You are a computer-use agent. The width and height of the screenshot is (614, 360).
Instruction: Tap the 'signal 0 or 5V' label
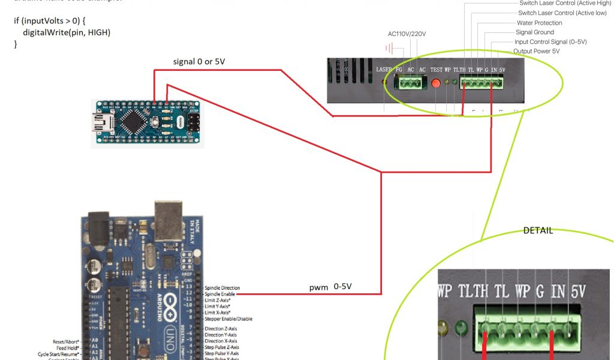[x=199, y=62]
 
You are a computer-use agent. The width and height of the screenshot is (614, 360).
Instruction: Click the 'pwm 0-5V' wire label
[x=330, y=287]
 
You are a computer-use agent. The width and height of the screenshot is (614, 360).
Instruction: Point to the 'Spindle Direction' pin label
[x=222, y=288]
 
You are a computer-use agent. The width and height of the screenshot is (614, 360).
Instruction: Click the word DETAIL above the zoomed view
[x=538, y=230]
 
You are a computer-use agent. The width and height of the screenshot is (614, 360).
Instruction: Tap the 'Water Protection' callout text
[x=540, y=23]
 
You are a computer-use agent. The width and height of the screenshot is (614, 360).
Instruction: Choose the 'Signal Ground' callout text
[x=535, y=32]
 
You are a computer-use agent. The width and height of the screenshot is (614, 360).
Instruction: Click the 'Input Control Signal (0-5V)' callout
[x=550, y=42]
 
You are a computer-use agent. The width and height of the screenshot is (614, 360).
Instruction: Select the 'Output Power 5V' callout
[x=537, y=52]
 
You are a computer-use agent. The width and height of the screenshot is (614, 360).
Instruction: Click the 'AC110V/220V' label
[x=407, y=34]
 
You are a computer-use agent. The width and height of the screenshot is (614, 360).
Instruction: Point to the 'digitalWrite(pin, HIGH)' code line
[x=67, y=32]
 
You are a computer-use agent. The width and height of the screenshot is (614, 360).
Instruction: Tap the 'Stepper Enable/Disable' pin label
[x=228, y=319]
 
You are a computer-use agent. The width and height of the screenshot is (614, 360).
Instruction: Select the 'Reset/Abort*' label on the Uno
[x=65, y=341]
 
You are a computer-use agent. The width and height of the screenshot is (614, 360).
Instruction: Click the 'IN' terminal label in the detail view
[x=558, y=292]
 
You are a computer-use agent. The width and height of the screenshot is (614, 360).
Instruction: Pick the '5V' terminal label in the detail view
[x=579, y=292]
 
